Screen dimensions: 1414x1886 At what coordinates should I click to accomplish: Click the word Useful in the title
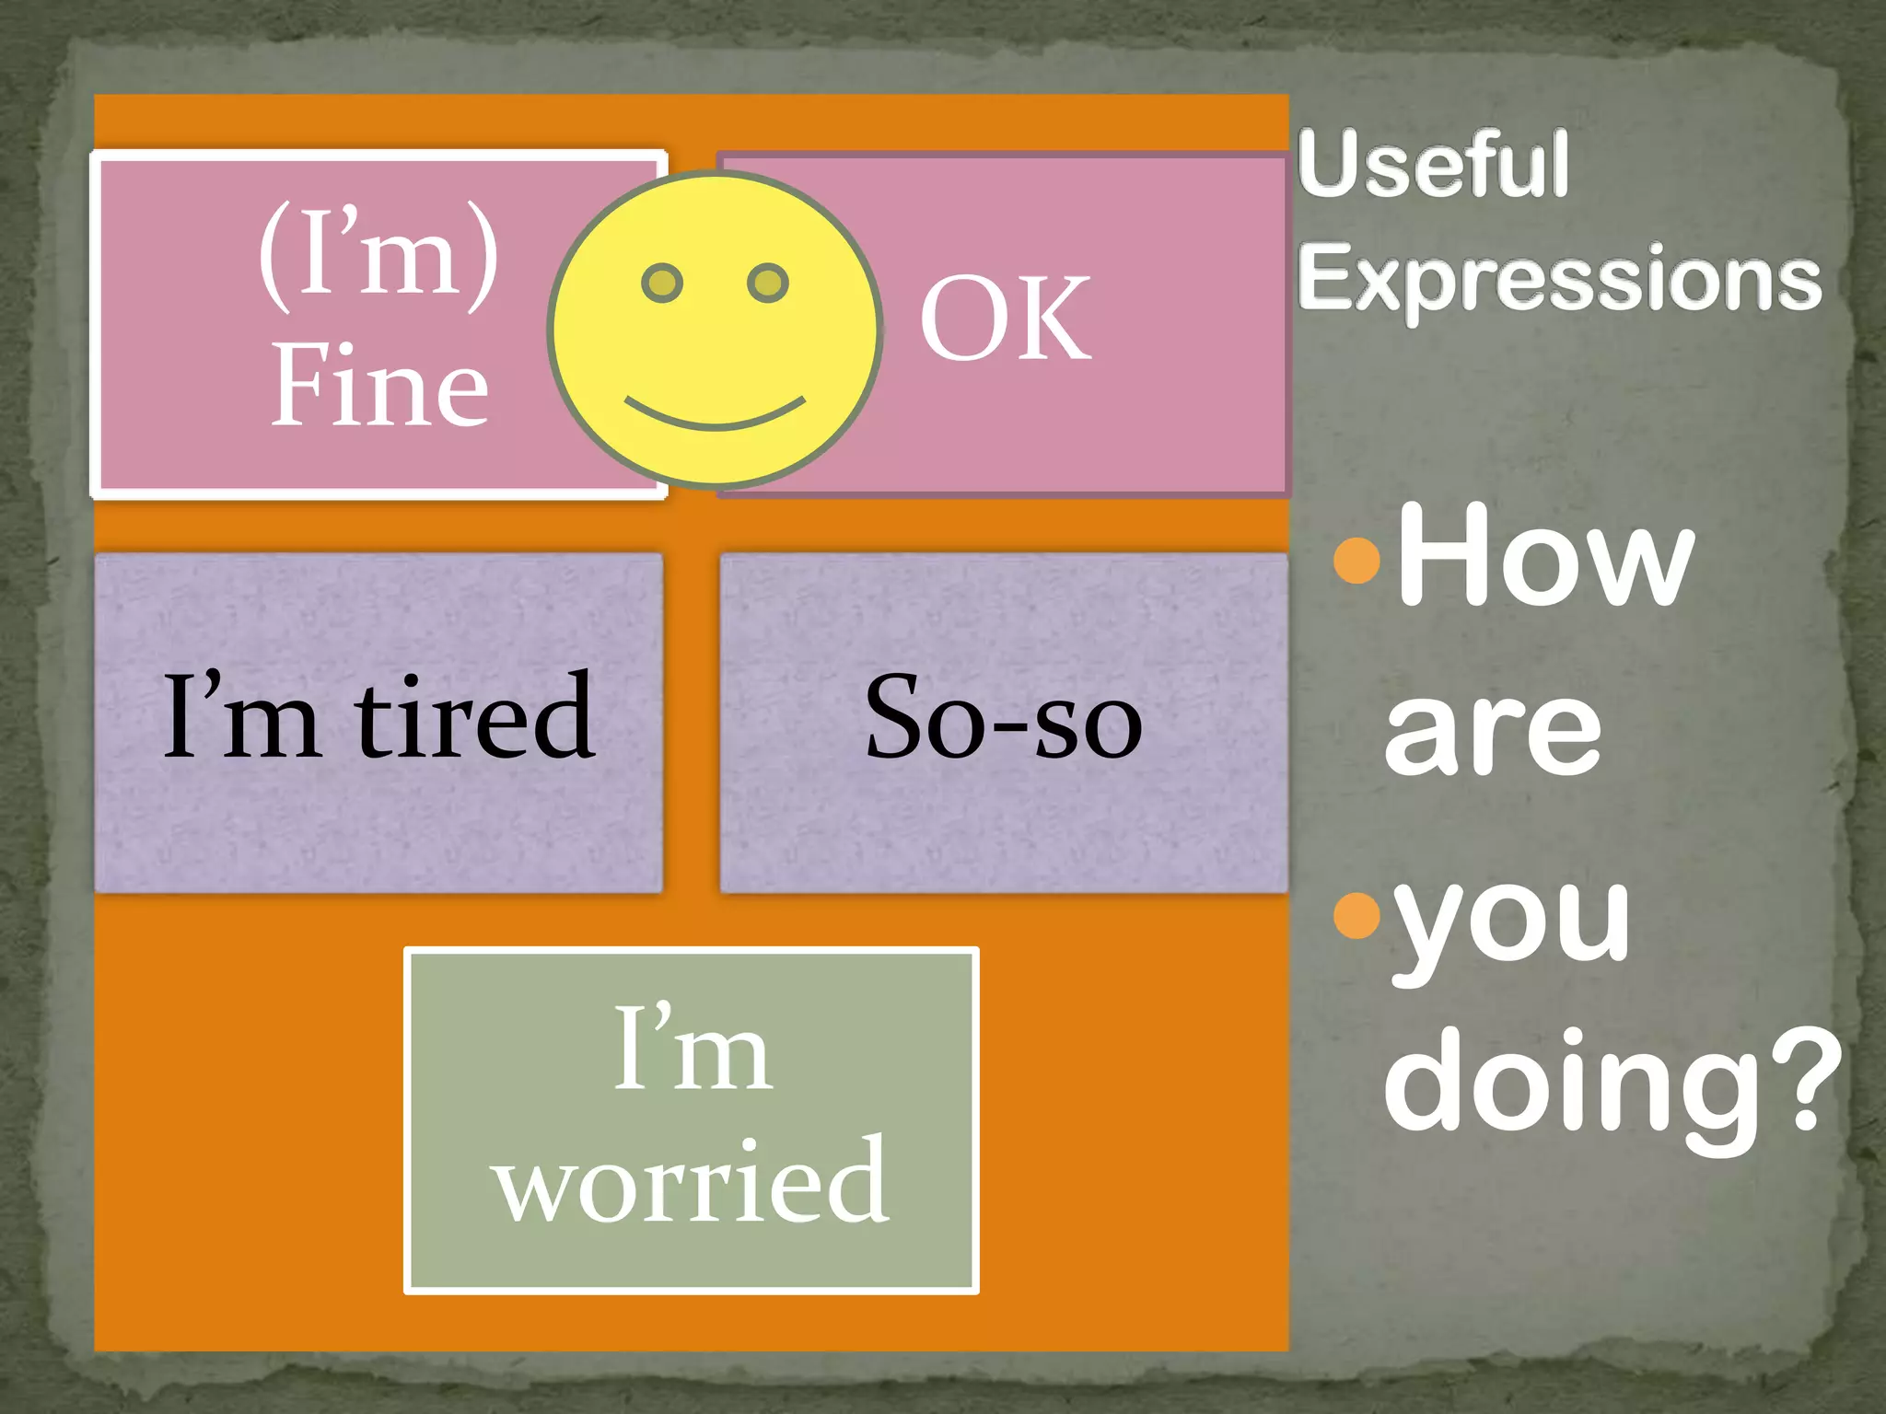1433,165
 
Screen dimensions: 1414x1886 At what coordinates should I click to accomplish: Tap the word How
1545,557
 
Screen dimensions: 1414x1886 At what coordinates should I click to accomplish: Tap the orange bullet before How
1357,559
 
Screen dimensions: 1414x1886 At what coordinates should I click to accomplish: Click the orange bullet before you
1357,913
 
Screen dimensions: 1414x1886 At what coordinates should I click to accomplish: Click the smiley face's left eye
662,283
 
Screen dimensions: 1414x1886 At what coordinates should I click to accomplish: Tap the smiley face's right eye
768,283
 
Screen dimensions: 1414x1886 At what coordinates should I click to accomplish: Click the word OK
1006,319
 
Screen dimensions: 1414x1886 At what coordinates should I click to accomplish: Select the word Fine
379,387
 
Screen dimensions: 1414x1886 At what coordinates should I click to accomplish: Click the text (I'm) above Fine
378,252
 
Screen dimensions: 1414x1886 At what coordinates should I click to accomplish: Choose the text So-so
1004,718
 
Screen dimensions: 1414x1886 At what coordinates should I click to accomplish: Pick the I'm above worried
692,1049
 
